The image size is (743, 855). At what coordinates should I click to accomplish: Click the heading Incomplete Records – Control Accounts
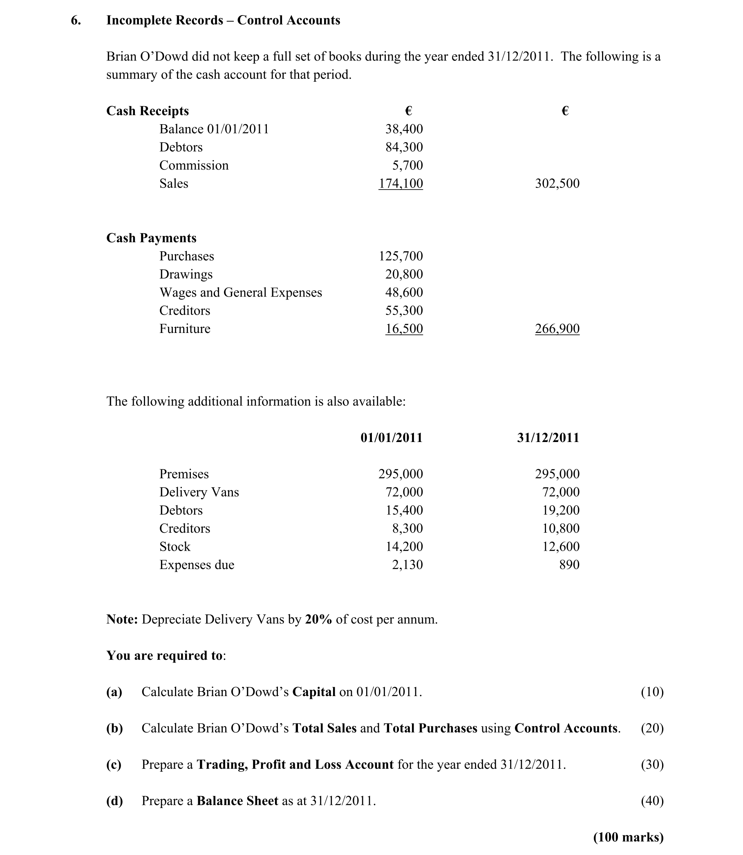click(x=223, y=20)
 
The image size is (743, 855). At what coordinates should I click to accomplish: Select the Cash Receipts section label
click(x=147, y=111)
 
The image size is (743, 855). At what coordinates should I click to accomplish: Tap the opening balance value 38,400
click(x=404, y=129)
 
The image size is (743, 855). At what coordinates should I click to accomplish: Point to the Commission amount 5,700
click(x=407, y=165)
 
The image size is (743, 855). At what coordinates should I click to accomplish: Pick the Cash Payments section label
click(x=151, y=238)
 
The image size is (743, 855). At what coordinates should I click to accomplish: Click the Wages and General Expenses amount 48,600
click(x=404, y=292)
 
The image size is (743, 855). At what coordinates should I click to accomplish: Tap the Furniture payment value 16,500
click(x=404, y=329)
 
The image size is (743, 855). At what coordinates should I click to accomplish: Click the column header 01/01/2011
click(x=392, y=438)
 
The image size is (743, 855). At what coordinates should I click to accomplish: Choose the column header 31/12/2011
click(x=548, y=438)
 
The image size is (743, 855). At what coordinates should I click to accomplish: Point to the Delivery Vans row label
click(x=199, y=492)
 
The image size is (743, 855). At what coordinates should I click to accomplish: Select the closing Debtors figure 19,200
click(x=561, y=510)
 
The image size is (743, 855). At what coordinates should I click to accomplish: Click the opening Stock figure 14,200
click(x=404, y=547)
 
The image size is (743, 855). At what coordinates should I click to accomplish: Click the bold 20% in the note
click(x=318, y=619)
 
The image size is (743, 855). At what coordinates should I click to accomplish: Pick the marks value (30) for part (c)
click(x=652, y=764)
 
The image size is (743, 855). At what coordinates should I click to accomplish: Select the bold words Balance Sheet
click(x=237, y=801)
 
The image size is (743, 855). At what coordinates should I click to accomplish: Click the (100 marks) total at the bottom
click(x=628, y=837)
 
